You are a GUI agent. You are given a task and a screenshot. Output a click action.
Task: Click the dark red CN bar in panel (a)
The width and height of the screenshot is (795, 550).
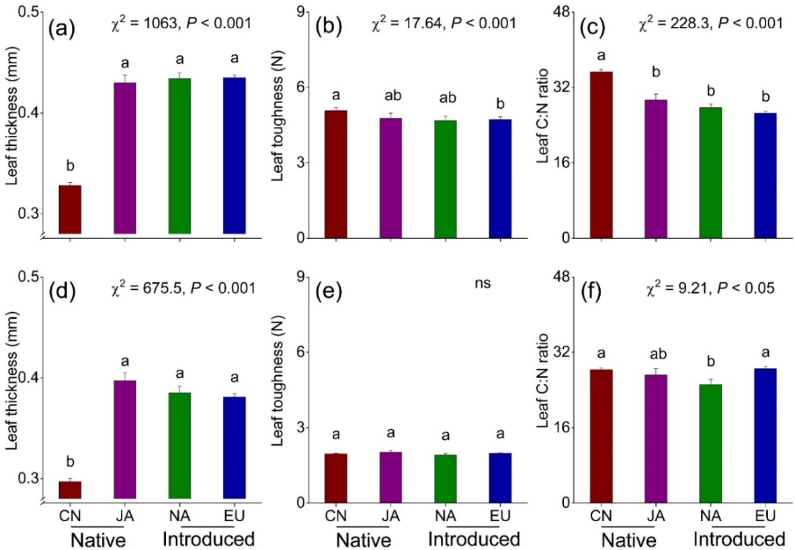(70, 209)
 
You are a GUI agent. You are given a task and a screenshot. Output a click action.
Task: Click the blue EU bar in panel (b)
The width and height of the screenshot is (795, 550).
(500, 178)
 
